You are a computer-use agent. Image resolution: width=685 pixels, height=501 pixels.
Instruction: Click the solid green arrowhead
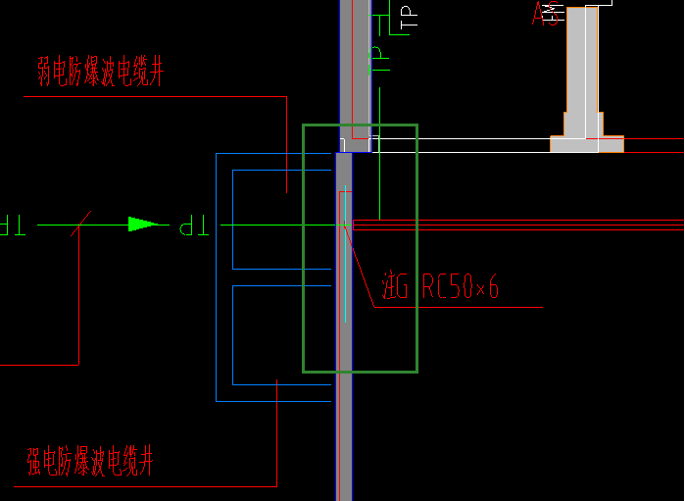point(143,225)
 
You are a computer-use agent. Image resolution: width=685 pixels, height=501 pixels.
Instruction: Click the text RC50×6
point(461,286)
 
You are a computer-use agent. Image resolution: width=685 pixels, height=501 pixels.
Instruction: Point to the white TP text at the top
point(408,17)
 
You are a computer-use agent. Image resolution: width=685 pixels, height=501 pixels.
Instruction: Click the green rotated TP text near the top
point(375,63)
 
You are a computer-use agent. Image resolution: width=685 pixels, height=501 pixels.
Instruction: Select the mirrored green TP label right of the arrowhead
point(194,227)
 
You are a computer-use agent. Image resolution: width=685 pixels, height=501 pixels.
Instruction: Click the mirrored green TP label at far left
point(12,226)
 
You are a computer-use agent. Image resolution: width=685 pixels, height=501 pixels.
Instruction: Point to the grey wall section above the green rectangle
point(360,59)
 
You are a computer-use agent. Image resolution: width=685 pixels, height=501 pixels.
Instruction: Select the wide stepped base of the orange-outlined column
point(586,143)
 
